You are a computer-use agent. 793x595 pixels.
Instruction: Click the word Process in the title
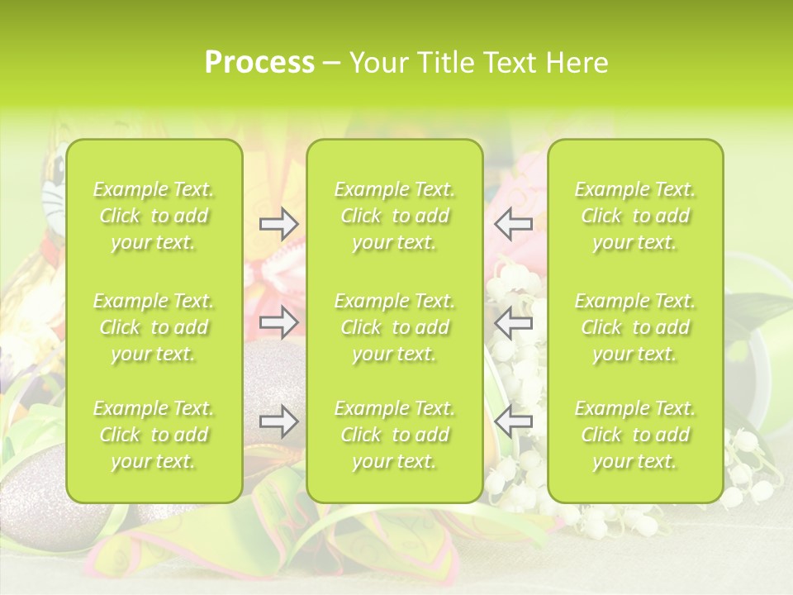pos(259,63)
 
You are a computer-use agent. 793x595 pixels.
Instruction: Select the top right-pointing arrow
pos(278,224)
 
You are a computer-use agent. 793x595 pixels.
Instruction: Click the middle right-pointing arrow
pos(278,322)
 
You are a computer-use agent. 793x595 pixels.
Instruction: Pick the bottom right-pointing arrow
pos(278,421)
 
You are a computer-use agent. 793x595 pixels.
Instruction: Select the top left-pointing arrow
pos(514,224)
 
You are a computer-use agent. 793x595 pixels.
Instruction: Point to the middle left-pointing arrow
pos(514,322)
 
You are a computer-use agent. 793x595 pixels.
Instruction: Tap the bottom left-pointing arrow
pos(514,421)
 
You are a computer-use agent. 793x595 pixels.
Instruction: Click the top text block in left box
pos(154,216)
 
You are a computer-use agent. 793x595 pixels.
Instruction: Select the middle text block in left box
pos(154,327)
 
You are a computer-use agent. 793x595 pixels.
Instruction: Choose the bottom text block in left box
pos(154,435)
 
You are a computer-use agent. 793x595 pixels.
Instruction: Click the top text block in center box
pos(394,216)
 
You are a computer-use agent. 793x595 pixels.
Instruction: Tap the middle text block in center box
pos(394,327)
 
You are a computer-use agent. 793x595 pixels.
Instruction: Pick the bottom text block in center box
pos(394,435)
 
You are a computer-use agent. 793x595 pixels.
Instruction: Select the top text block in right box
pos(634,216)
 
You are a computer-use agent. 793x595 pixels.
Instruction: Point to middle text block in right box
pos(634,327)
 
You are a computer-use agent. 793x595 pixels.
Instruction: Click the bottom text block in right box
pos(634,435)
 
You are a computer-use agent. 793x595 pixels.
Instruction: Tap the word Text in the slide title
pos(507,63)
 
